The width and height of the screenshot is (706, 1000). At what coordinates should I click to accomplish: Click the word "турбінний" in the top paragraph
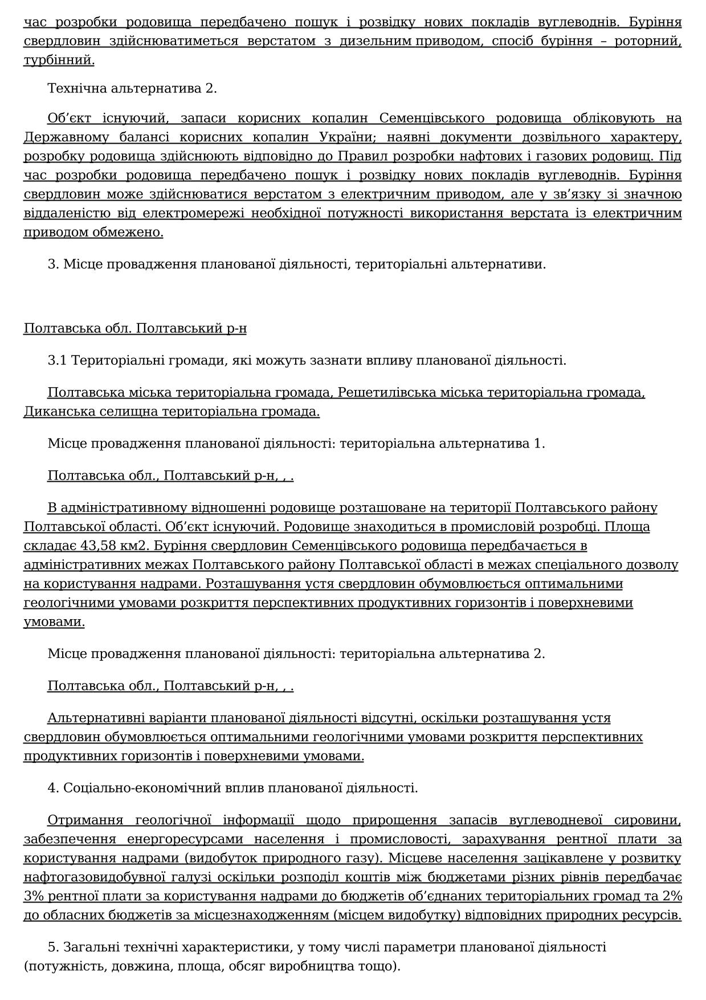click(59, 60)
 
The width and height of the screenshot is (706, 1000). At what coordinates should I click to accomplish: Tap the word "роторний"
click(648, 41)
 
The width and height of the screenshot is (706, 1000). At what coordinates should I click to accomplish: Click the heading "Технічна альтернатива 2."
click(132, 88)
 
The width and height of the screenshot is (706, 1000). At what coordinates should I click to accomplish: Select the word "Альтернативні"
click(101, 718)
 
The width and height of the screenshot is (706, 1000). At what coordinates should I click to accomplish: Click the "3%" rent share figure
click(34, 896)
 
